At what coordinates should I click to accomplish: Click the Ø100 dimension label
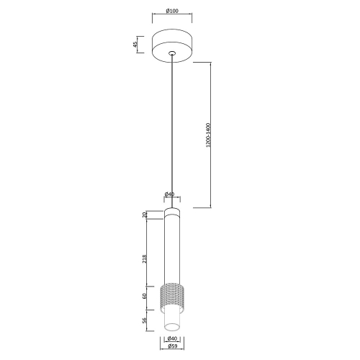(172, 11)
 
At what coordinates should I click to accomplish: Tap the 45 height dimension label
(135, 45)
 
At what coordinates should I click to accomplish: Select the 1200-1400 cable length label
(208, 135)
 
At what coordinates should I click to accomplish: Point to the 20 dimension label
(144, 215)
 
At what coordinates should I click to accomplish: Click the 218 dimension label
(144, 259)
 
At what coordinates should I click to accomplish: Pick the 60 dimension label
(144, 296)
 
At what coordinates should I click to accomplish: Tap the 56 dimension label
(144, 320)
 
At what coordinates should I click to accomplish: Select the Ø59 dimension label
(172, 346)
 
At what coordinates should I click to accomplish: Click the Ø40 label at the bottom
(172, 338)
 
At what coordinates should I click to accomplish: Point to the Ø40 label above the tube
(169, 194)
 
